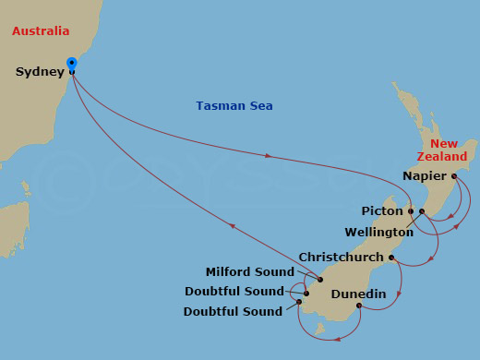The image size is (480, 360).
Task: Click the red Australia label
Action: tap(41, 31)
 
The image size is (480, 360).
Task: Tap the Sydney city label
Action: tap(40, 72)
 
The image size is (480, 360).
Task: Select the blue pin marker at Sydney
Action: tap(72, 64)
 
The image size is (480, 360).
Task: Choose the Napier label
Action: tap(425, 175)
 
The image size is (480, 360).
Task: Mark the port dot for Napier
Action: tap(454, 175)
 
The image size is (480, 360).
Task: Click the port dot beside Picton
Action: tap(411, 211)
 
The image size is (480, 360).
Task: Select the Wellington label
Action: tap(378, 232)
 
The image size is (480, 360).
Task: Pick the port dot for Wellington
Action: tap(422, 212)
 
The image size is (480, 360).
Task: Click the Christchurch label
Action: tap(342, 257)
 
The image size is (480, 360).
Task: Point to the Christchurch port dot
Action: tap(391, 258)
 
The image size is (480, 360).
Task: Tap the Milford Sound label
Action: tap(250, 272)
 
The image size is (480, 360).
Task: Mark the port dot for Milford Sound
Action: tap(319, 280)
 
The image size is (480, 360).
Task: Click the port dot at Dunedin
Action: tap(358, 306)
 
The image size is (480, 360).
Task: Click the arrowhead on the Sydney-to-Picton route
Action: tap(269, 156)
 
